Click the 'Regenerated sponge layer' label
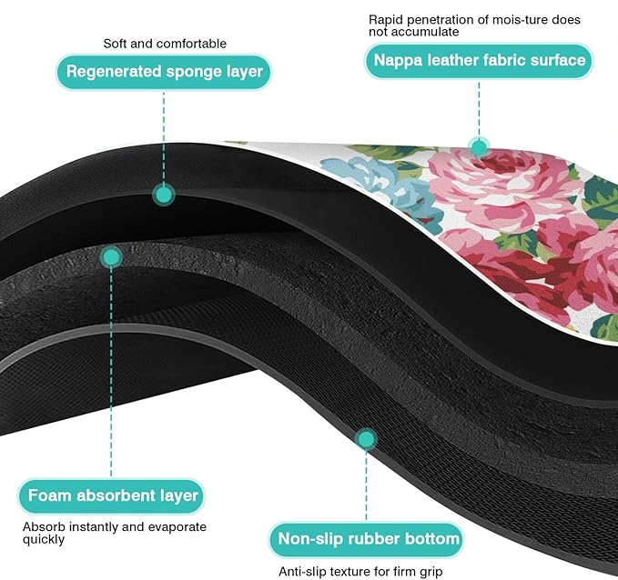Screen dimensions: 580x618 point(164,72)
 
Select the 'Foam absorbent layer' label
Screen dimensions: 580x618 point(113,496)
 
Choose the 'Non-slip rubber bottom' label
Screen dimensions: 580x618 point(369,539)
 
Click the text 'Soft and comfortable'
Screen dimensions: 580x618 point(165,43)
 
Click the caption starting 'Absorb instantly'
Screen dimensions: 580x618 point(114,533)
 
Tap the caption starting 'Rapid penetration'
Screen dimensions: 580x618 point(474,25)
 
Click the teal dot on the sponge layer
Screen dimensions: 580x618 point(164,194)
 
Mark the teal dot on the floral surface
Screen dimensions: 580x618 point(478,145)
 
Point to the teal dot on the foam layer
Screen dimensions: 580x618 point(111,257)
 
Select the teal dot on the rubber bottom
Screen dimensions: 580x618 point(366,440)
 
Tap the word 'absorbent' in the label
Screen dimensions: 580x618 point(114,496)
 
